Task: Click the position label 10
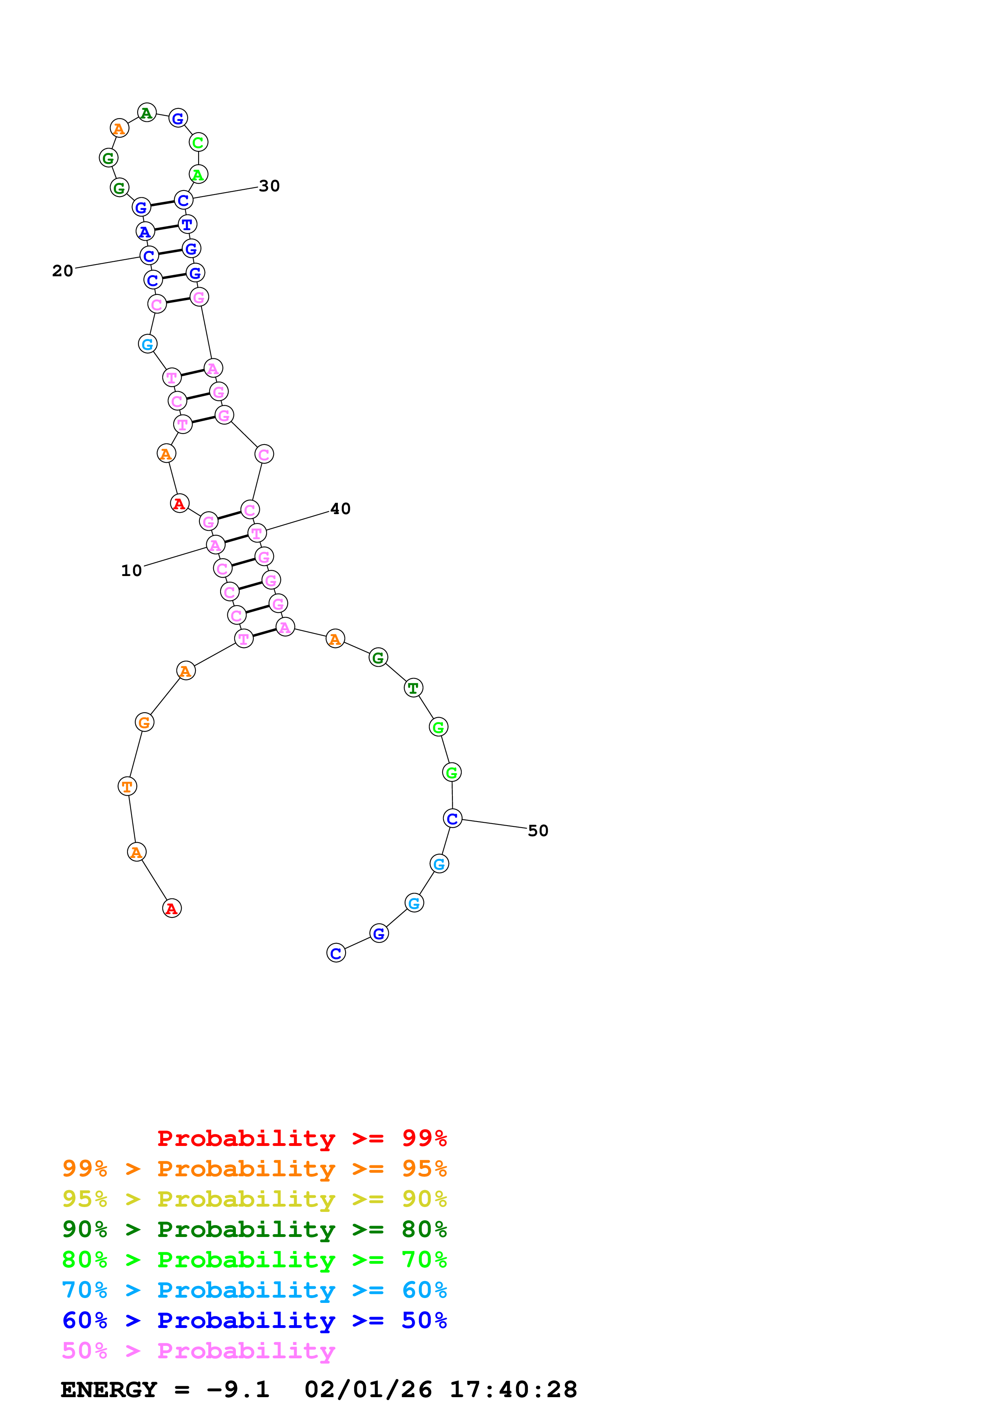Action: tap(131, 570)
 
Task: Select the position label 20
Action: tap(62, 271)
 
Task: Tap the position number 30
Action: tap(269, 186)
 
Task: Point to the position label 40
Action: tap(340, 508)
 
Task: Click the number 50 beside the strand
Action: tap(538, 830)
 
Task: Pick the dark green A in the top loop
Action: tap(146, 112)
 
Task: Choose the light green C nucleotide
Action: tap(198, 142)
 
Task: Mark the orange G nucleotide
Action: tap(144, 722)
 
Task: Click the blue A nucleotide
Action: tap(144, 232)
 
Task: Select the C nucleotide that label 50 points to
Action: tap(452, 818)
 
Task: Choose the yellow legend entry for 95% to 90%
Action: tap(254, 1199)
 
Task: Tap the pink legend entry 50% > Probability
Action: tap(198, 1350)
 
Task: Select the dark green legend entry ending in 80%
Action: tap(254, 1229)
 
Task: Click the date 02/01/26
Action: tap(368, 1390)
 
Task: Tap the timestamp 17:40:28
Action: tap(513, 1390)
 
